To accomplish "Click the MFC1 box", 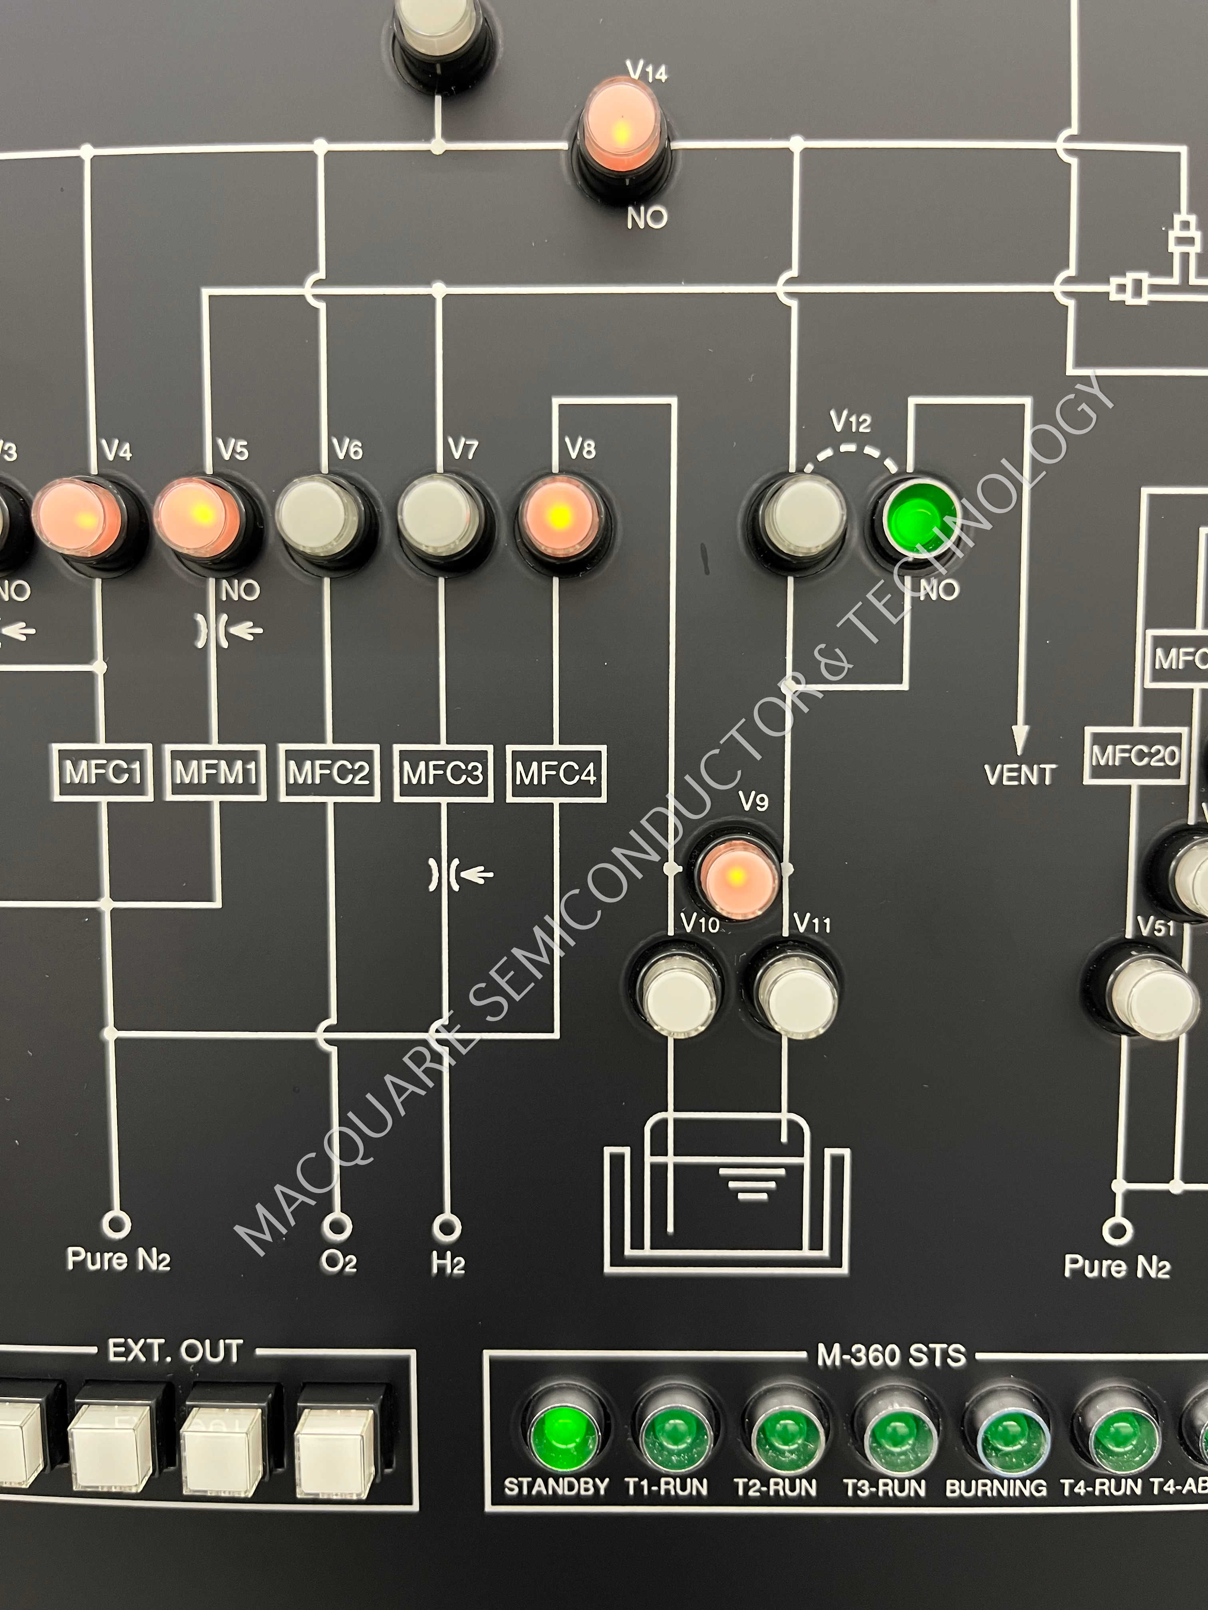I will (x=103, y=772).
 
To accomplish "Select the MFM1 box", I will (x=216, y=772).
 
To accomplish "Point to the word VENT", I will (x=1019, y=774).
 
